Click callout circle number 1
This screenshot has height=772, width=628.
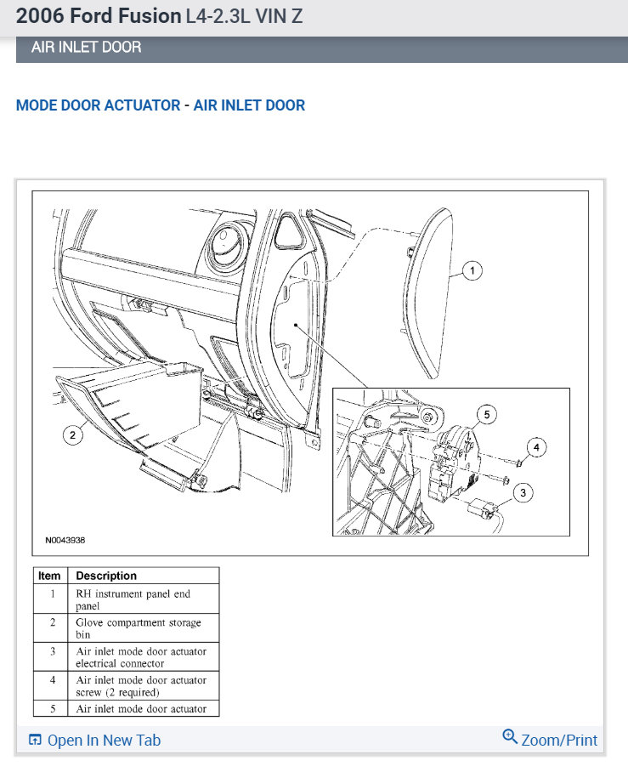[x=472, y=271]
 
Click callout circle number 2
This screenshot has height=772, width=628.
[x=73, y=434]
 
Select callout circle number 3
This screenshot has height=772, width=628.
[x=523, y=491]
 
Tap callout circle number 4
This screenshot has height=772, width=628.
[x=535, y=446]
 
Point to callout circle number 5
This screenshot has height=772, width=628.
[x=486, y=415]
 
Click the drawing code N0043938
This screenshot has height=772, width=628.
[x=65, y=540]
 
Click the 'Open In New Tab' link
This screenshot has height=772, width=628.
[x=103, y=741]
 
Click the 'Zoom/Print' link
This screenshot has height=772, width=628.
[x=559, y=741]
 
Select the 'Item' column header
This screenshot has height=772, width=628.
[x=49, y=576]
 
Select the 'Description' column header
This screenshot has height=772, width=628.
[x=106, y=576]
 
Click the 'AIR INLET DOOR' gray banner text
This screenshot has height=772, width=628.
[x=86, y=48]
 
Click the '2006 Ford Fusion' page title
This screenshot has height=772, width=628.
[x=98, y=16]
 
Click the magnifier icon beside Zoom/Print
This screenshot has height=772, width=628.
[x=510, y=737]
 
